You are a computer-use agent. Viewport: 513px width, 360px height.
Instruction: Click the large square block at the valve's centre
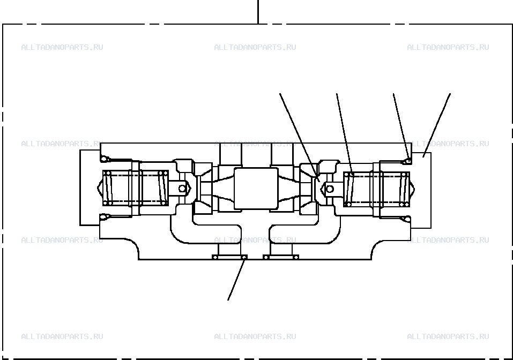click(x=256, y=189)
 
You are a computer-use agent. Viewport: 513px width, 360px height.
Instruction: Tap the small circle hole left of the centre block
click(x=182, y=189)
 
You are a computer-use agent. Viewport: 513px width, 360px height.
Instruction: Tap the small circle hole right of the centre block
click(x=330, y=189)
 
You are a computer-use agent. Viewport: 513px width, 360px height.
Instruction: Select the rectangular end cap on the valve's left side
click(x=90, y=187)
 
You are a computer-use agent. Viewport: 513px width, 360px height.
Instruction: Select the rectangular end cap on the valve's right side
click(x=421, y=190)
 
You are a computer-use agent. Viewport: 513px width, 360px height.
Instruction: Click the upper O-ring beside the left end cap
click(x=104, y=159)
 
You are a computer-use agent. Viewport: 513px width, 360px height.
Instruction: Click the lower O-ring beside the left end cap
click(x=104, y=216)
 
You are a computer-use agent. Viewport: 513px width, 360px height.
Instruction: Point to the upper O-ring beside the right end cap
click(x=407, y=161)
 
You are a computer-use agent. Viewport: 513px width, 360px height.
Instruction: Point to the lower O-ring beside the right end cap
click(x=407, y=219)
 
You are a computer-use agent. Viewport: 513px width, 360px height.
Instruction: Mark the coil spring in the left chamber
click(x=136, y=188)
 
